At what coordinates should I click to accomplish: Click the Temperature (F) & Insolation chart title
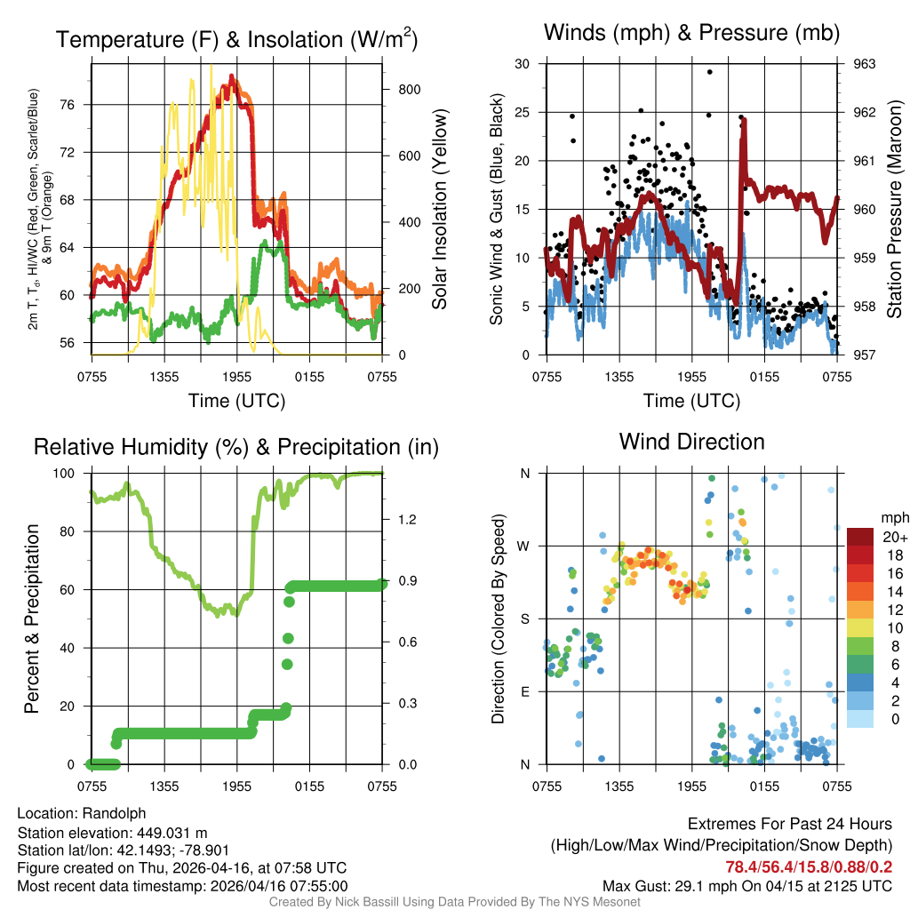click(235, 39)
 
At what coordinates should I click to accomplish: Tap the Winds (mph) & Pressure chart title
click(691, 33)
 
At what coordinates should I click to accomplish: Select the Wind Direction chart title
click(691, 441)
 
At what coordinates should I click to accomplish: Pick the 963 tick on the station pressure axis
click(864, 64)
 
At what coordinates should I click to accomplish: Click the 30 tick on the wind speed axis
click(523, 64)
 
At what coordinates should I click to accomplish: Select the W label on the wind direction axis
click(524, 546)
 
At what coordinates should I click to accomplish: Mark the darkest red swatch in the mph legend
click(859, 537)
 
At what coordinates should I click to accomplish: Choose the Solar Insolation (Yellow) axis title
click(440, 210)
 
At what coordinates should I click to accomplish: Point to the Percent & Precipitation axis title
click(32, 619)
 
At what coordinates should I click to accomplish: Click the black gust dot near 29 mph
click(709, 72)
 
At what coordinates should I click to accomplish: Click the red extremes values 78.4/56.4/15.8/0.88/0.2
click(797, 866)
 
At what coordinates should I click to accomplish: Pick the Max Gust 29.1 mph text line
click(746, 886)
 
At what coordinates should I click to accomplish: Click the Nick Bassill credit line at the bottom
click(454, 902)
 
